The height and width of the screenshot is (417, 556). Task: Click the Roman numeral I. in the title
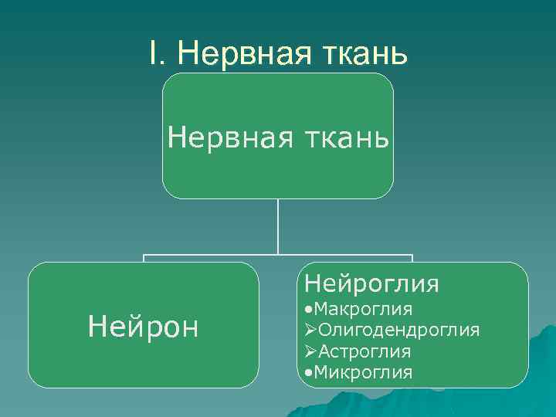click(157, 53)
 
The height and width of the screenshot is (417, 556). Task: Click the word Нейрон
click(144, 326)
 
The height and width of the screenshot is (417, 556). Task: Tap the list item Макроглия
click(363, 310)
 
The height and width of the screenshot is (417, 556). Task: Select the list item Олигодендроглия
click(399, 331)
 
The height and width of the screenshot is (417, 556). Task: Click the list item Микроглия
click(363, 372)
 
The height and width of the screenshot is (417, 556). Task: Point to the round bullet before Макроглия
click(309, 310)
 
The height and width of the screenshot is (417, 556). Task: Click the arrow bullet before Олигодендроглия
click(311, 331)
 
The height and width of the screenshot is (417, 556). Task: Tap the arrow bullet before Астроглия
click(311, 351)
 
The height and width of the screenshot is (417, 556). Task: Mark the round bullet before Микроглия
click(309, 373)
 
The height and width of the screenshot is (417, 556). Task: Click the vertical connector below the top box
click(278, 225)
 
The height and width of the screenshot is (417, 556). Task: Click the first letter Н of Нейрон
click(97, 326)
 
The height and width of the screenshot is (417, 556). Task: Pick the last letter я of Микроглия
click(407, 373)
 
